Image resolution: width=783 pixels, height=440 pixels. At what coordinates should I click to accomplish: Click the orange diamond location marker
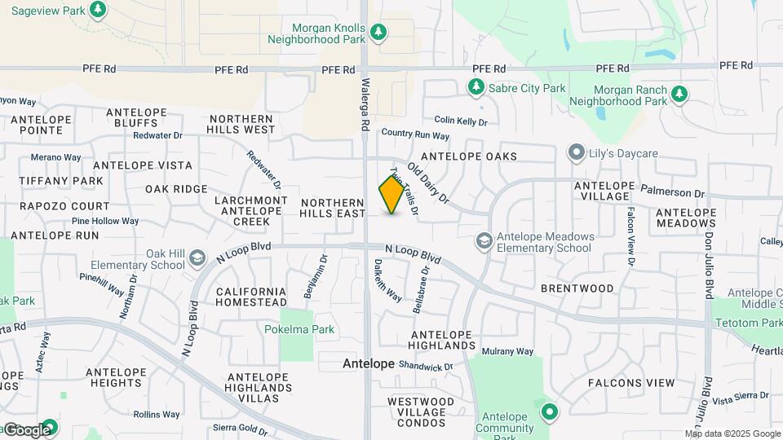pos(391,195)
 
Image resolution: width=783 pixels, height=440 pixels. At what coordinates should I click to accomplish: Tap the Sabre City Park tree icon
pos(476,86)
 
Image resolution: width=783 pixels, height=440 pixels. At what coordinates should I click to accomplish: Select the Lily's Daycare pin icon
pos(577,152)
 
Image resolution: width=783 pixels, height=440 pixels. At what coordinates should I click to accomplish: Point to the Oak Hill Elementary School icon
pos(197,258)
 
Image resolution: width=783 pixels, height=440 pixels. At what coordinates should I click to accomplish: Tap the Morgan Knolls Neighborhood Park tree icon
pos(378,32)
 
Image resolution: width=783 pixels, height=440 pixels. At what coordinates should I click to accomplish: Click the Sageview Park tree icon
pos(98,10)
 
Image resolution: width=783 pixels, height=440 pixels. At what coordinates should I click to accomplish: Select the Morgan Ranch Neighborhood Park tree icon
pos(679,95)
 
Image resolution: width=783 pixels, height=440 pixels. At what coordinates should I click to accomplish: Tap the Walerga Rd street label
pos(365,106)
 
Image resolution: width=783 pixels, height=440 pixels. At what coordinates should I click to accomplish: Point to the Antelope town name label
pos(369,363)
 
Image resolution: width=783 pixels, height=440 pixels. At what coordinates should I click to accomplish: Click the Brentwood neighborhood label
pos(577,288)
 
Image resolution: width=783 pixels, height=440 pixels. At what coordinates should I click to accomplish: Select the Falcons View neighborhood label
pos(631,383)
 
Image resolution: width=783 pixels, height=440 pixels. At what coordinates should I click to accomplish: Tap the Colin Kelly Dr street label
pos(460,121)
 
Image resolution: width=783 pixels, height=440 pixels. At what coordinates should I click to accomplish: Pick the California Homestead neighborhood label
pos(250,297)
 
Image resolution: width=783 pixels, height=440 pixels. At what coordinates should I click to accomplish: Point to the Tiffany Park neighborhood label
pos(61,181)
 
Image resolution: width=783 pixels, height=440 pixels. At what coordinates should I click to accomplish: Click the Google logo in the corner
pos(26,430)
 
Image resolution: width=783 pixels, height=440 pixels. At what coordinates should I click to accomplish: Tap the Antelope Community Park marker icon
pos(550,411)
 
